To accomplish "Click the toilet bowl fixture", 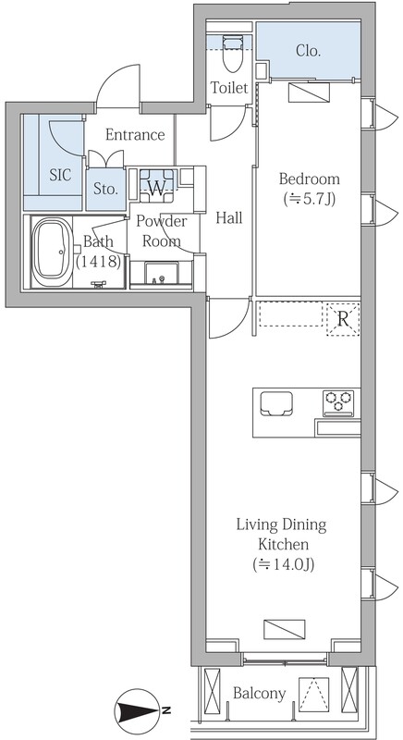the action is coord(231,55).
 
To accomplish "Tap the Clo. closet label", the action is coord(309,52).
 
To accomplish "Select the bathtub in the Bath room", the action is coord(52,251).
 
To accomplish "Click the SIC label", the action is coord(61,175).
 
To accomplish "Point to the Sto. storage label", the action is coord(105,190).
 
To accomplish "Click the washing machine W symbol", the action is coord(157,189).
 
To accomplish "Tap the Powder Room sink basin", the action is coord(162,274).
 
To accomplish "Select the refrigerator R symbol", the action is coord(343,319).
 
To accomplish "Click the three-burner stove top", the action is coord(338,403).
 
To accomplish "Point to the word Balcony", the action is coord(259,693).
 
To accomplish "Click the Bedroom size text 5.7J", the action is coord(309,200).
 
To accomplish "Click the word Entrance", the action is coord(135,135).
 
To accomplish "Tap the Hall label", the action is coord(229,217).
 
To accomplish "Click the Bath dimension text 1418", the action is coord(99,261).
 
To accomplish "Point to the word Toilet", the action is coord(229,88).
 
